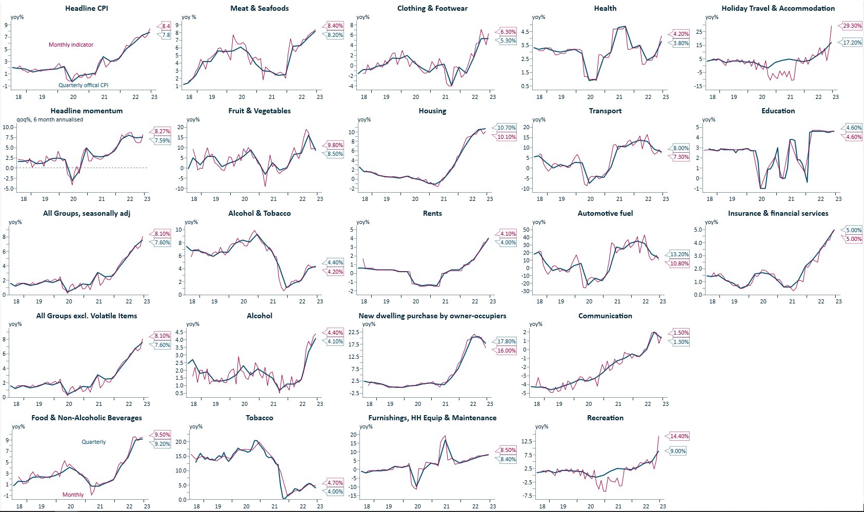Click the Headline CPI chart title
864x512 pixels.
point(86,8)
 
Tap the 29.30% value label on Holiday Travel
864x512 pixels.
point(852,26)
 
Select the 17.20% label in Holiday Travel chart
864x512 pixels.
point(852,43)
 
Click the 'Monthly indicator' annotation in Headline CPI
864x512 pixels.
point(71,45)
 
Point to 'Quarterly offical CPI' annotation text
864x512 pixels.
point(83,85)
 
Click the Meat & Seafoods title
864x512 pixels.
point(259,8)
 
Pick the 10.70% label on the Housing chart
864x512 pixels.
point(507,128)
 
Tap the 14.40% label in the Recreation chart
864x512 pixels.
point(679,436)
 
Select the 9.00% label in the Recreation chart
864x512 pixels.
point(678,451)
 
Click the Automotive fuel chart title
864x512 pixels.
point(605,213)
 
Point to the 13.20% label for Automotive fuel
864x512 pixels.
point(679,254)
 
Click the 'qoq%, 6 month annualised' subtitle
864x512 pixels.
point(50,119)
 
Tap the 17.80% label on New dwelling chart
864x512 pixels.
point(507,341)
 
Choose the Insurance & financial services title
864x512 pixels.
point(778,213)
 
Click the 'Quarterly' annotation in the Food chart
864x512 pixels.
point(94,442)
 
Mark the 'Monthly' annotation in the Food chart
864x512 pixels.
point(73,495)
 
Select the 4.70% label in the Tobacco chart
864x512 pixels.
point(335,483)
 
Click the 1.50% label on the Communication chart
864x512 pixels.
point(681,333)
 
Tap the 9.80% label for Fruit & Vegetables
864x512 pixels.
point(335,145)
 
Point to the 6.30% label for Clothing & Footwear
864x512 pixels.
point(508,32)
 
